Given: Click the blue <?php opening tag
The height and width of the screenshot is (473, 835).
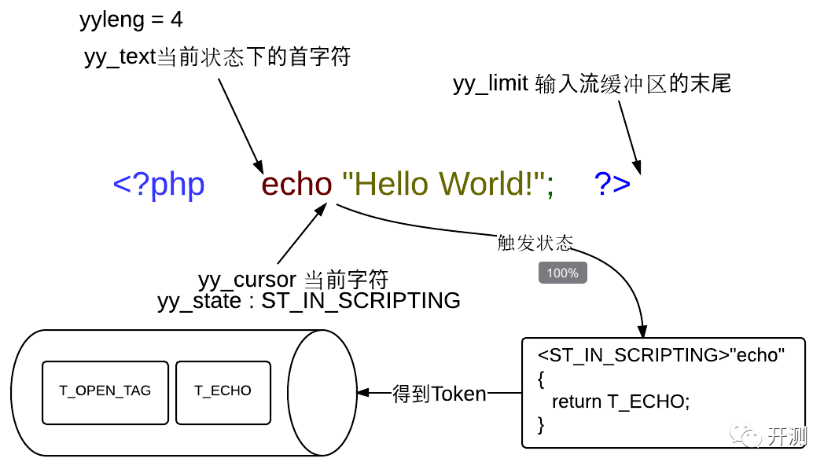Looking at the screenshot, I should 159,185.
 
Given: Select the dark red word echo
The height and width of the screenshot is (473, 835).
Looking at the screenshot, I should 297,185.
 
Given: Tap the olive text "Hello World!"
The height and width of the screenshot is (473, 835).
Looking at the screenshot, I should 443,185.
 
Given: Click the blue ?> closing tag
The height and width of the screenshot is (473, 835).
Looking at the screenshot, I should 612,185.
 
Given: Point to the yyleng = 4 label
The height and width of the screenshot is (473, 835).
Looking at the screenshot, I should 131,20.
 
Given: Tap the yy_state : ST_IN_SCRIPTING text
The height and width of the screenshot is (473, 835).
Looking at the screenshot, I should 309,300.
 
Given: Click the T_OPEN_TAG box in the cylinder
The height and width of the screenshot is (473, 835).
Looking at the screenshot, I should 105,391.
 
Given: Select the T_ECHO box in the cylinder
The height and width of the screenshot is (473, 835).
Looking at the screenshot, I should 223,391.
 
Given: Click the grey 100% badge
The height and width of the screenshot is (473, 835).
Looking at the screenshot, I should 563,273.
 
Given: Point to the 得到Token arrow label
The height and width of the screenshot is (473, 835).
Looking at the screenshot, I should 440,393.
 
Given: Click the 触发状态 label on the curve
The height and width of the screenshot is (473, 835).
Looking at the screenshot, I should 535,242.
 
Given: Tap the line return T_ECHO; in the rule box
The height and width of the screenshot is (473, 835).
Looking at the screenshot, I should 620,402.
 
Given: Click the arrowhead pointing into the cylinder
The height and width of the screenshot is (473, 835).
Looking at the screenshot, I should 362,392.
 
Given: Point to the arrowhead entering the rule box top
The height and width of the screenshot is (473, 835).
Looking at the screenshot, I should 643,331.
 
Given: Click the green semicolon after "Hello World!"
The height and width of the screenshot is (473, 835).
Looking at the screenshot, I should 550,187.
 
